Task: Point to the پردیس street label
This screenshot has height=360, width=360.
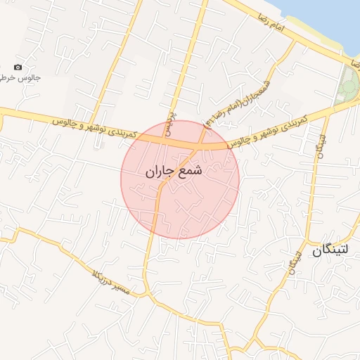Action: click(x=169, y=121)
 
